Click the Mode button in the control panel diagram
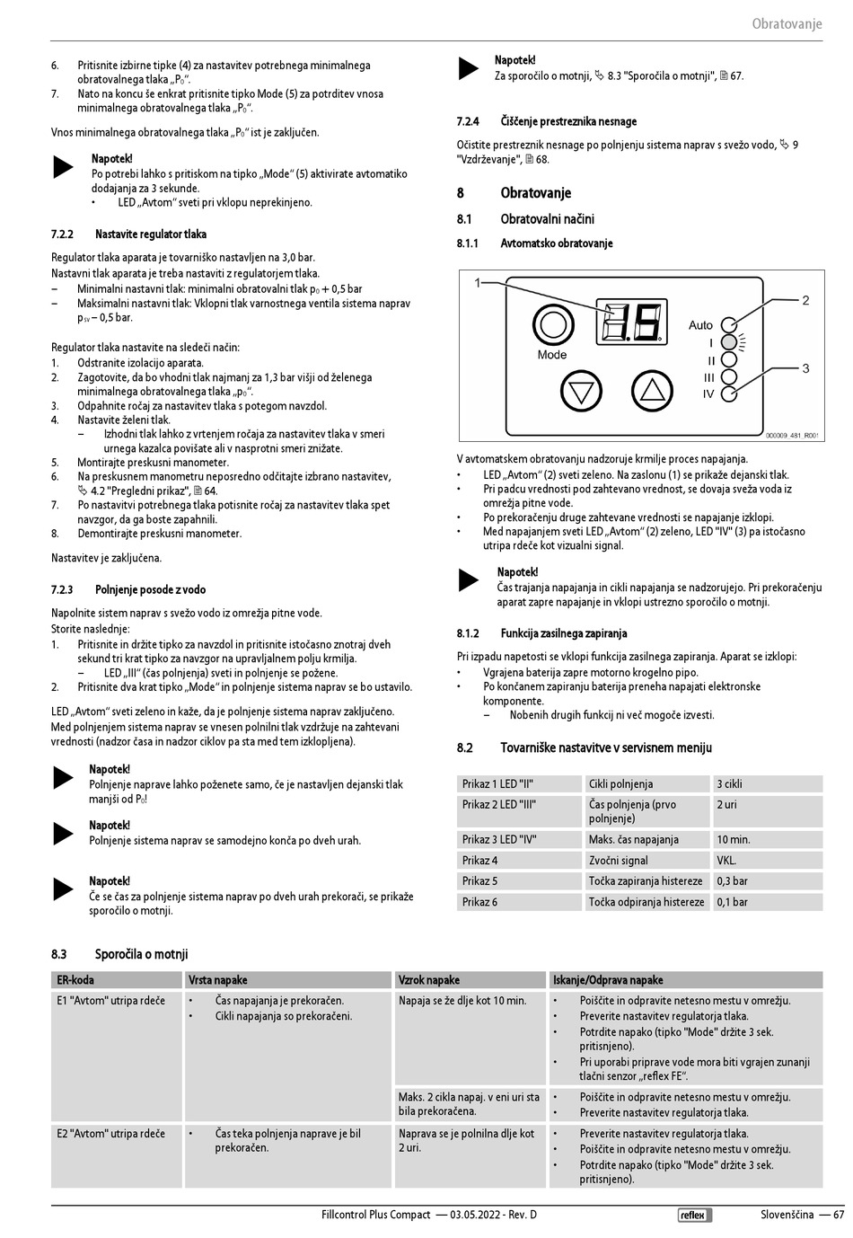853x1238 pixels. (553, 324)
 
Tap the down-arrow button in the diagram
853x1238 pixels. (581, 391)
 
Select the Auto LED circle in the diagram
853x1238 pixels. (729, 325)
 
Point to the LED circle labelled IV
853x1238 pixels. (729, 394)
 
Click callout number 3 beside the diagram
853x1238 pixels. (805, 367)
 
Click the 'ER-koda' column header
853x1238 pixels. (75, 980)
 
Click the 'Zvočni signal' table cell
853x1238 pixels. (619, 860)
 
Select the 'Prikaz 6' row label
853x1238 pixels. (480, 902)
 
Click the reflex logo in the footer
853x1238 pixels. (694, 1216)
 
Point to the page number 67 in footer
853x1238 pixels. (839, 1215)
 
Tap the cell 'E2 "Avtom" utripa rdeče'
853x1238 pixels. (110, 1134)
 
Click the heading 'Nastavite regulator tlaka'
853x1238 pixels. (151, 234)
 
